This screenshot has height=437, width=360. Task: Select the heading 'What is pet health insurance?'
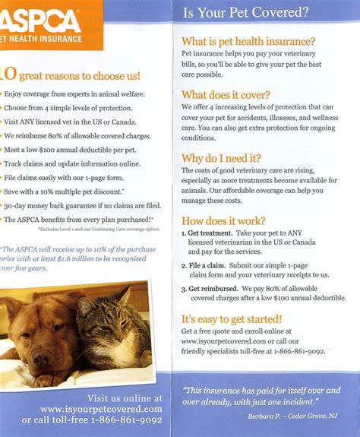(x=248, y=42)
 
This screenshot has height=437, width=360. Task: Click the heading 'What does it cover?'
(x=225, y=95)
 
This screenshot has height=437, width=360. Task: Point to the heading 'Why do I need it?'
(x=221, y=158)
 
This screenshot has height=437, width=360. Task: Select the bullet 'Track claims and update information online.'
(x=73, y=163)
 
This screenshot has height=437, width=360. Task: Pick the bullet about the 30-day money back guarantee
(x=82, y=205)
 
